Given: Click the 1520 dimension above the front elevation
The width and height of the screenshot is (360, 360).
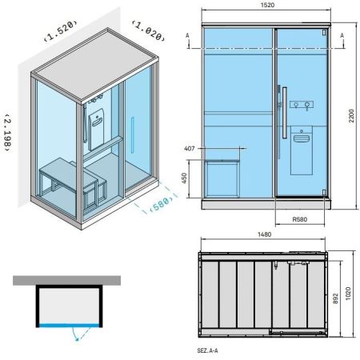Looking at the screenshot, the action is click(267, 5).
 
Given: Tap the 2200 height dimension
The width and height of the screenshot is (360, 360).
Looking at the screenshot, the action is click(352, 116).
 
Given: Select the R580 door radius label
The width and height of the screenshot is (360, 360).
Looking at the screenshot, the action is click(300, 219).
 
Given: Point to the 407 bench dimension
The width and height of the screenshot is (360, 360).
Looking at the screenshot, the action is click(190, 148).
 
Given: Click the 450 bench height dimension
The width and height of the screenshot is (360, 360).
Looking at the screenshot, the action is click(184, 178).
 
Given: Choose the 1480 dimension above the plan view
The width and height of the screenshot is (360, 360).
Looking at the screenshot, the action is click(264, 234).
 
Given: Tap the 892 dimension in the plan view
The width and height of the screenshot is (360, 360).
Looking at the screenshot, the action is click(335, 298).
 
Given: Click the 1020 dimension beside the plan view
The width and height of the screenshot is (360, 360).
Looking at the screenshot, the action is click(348, 294).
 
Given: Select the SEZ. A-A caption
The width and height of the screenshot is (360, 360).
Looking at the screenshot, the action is click(207, 350).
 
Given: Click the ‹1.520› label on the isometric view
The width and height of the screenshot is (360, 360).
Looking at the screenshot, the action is click(61, 30).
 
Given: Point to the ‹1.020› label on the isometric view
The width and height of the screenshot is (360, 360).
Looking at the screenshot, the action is click(148, 31).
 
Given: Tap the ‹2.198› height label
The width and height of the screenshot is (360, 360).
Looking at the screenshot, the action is click(7, 133).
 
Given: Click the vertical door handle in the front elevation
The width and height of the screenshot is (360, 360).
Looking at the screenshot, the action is click(285, 113).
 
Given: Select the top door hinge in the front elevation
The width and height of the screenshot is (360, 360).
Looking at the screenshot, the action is click(324, 33).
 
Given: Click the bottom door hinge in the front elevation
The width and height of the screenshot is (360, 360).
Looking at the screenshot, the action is click(324, 193).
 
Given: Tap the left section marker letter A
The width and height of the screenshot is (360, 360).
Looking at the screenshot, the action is click(187, 35).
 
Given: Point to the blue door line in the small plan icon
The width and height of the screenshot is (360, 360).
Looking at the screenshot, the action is click(70, 326).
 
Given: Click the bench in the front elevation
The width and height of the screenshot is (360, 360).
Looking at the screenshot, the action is click(222, 178).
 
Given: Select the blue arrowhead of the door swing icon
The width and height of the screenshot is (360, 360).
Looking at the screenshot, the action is click(77, 338).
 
